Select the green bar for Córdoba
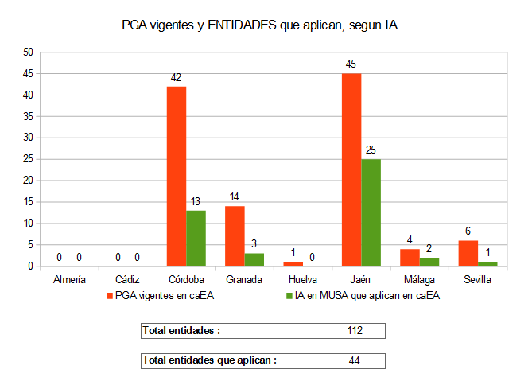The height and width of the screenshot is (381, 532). (x=196, y=238)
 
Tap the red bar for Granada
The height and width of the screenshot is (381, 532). (x=235, y=235)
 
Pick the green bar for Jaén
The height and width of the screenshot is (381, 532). (x=371, y=212)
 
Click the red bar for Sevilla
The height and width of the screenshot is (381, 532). (x=468, y=253)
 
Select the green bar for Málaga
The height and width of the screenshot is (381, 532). (x=429, y=262)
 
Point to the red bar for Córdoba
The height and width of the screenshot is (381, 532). (x=177, y=176)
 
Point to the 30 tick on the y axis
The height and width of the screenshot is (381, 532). (x=28, y=138)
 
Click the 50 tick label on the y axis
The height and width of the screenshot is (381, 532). (x=28, y=52)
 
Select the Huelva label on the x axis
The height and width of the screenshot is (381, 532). (x=303, y=280)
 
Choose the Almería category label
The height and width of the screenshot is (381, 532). (x=70, y=280)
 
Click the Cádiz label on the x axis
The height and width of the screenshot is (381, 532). (x=128, y=280)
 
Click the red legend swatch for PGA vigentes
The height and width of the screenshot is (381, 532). (x=110, y=296)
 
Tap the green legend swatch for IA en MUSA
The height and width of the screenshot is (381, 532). (x=288, y=296)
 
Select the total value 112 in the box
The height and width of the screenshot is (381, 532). (x=355, y=330)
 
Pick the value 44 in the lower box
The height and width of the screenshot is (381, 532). (x=355, y=360)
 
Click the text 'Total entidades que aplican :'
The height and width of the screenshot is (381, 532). (x=209, y=360)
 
